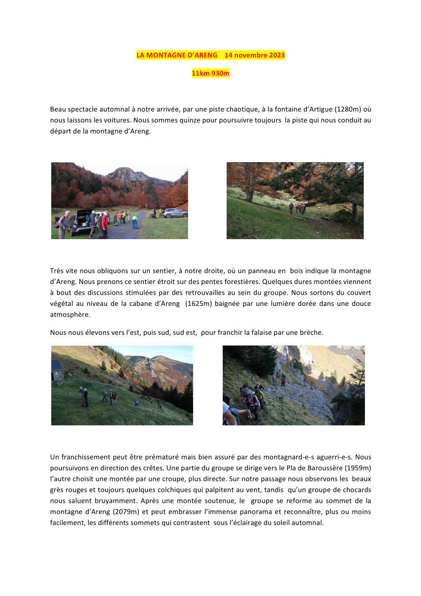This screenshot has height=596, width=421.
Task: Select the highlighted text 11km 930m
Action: coord(210,73)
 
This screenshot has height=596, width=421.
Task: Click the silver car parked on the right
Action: coord(175,213)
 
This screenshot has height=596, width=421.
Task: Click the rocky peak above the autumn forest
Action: coord(125,174)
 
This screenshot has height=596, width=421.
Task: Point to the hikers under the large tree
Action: coord(298,208)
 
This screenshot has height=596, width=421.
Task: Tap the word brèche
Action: coord(311,332)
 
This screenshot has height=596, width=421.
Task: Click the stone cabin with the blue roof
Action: coord(57,371)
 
